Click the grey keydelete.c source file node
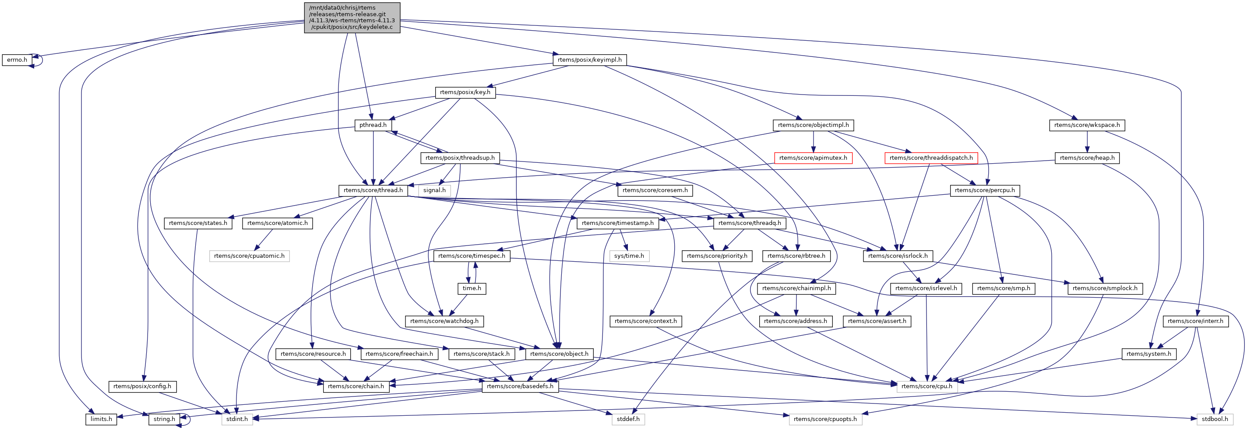[x=352, y=18]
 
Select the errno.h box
[x=17, y=60]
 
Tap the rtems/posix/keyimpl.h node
[x=589, y=60]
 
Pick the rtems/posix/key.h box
[x=465, y=92]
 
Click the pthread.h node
[x=373, y=125]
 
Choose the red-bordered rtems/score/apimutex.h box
[x=813, y=158]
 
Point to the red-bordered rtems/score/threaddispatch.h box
[x=930, y=158]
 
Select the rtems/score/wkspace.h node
[x=1087, y=125]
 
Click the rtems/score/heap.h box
[x=1087, y=158]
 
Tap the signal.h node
[x=434, y=190]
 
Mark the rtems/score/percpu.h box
[x=985, y=190]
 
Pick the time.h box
[x=472, y=289]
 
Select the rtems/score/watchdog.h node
[x=444, y=321]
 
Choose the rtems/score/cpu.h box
[x=926, y=386]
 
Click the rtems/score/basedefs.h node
[x=520, y=386]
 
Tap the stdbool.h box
[x=1215, y=419]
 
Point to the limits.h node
[x=101, y=419]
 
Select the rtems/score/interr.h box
[x=1195, y=321]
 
